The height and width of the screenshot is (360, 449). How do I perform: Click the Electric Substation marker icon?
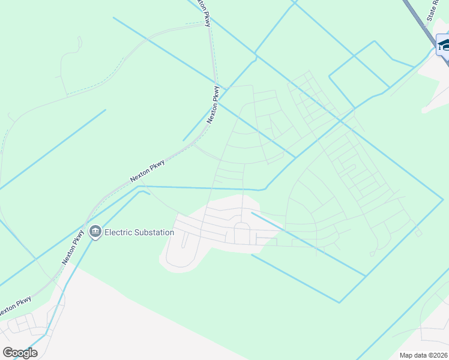pyautogui.click(x=95, y=232)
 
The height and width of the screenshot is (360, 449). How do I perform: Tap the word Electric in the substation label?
pyautogui.click(x=118, y=232)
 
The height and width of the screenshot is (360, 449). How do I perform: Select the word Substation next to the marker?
pyautogui.click(x=154, y=232)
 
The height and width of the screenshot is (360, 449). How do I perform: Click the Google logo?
pyautogui.click(x=20, y=353)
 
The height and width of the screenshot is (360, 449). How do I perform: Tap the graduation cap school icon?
pyautogui.click(x=444, y=45)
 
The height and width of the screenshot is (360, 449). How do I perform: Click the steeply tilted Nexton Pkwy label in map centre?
pyautogui.click(x=214, y=105)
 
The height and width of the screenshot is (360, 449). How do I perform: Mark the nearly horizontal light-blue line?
pyautogui.click(x=198, y=188)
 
